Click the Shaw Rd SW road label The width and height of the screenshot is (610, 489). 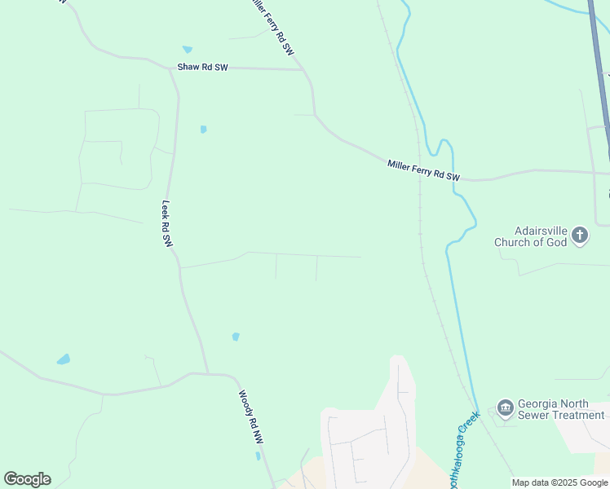click(x=203, y=68)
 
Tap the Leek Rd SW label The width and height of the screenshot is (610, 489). click(x=167, y=224)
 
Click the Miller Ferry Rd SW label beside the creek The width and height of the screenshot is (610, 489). click(x=423, y=170)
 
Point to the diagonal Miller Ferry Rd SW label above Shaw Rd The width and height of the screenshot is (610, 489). click(x=272, y=26)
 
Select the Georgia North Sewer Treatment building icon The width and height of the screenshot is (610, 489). click(x=505, y=407)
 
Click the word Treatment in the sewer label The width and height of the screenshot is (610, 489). click(x=579, y=415)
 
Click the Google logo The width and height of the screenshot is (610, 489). click(x=27, y=479)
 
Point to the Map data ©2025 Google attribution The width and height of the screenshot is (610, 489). click(x=559, y=482)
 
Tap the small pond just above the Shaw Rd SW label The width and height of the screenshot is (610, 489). click(x=188, y=50)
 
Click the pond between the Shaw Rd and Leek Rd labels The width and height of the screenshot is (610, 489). click(x=203, y=129)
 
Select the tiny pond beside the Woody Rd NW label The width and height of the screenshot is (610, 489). click(x=258, y=456)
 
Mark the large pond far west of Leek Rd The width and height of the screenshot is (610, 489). click(x=63, y=359)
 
